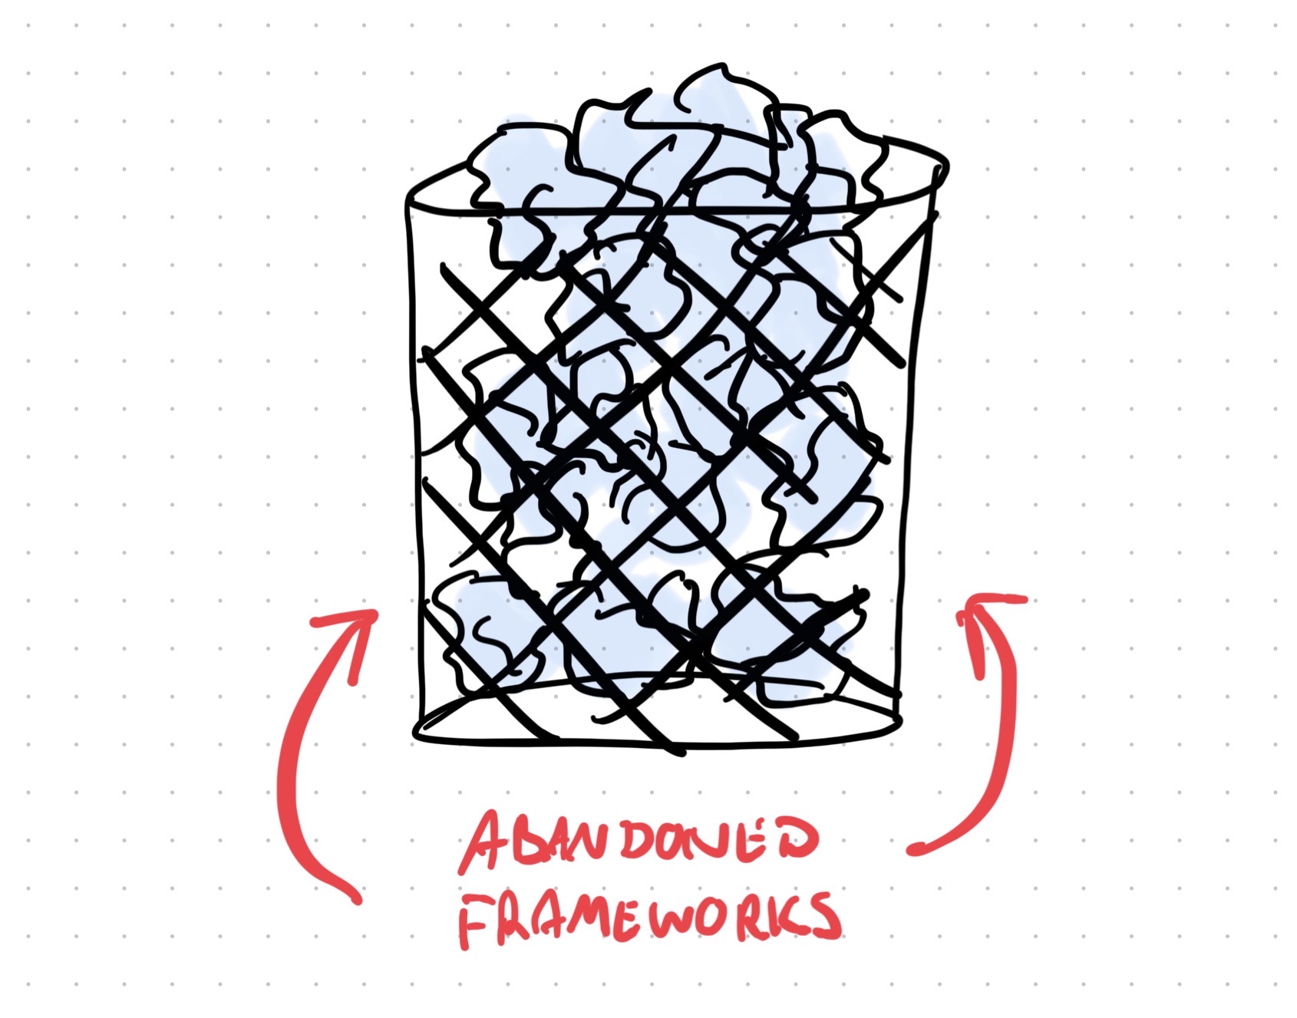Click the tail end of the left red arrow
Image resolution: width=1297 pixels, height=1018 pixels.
[x=355, y=898]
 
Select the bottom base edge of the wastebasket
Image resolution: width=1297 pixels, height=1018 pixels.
[x=660, y=738]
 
